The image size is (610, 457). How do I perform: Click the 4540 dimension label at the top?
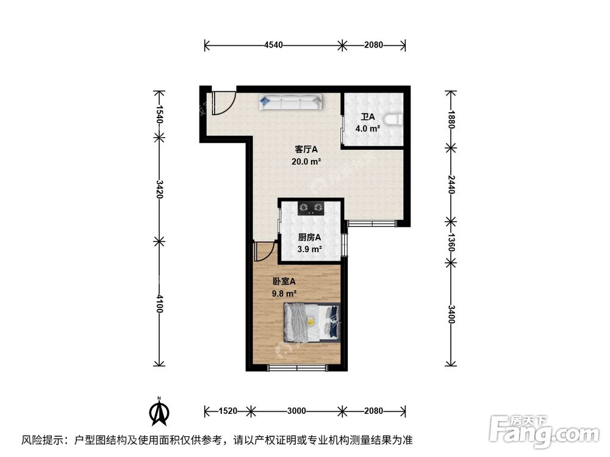coord(273,45)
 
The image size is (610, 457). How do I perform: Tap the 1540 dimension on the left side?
coord(160,115)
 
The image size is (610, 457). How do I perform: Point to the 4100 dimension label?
coord(160,303)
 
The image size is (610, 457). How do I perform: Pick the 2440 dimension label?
coord(451,183)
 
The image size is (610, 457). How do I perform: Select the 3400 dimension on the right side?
coord(451,314)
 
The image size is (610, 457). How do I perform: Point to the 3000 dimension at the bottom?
coord(297,411)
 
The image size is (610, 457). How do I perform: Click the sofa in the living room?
coord(291,102)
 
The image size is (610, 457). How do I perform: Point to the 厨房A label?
coord(309,238)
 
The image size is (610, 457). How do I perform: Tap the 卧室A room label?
coord(284,282)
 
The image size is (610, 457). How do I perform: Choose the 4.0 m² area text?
coord(368,129)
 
